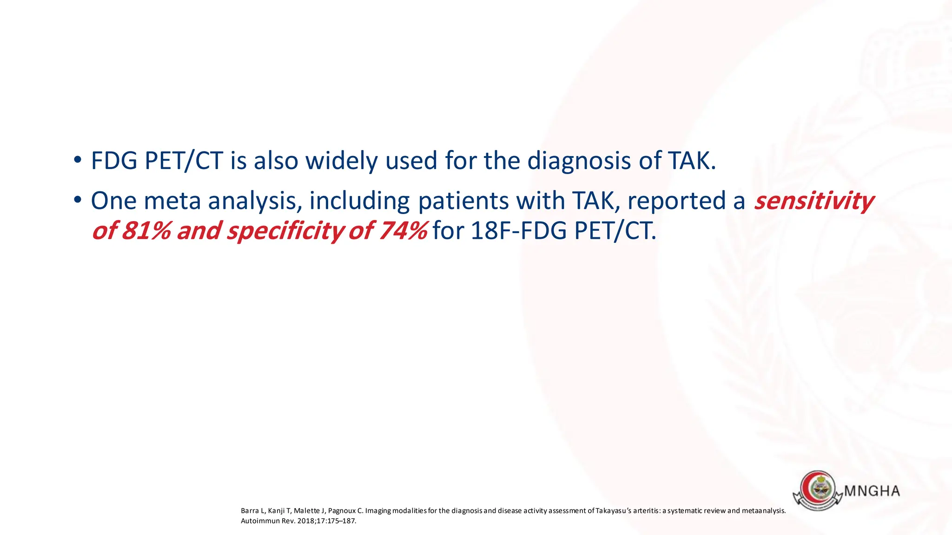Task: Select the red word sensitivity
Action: [813, 201]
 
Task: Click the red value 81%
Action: [146, 231]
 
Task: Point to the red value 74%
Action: [403, 231]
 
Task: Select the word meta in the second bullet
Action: [173, 201]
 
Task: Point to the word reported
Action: [676, 201]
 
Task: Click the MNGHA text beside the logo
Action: [872, 491]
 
